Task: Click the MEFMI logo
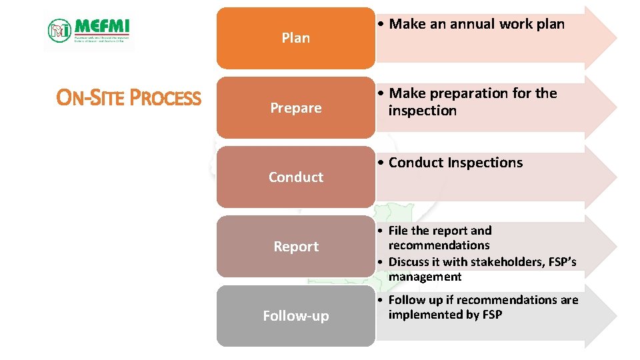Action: click(89, 30)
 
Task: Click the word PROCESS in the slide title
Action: click(165, 99)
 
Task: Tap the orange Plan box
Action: click(295, 38)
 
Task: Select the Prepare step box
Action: click(295, 107)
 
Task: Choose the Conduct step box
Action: click(295, 177)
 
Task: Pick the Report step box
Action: click(295, 246)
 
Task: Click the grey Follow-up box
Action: click(295, 315)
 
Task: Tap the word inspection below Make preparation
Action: click(423, 111)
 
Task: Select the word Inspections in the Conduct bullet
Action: click(485, 163)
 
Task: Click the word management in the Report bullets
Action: click(425, 277)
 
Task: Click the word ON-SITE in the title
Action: click(91, 99)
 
